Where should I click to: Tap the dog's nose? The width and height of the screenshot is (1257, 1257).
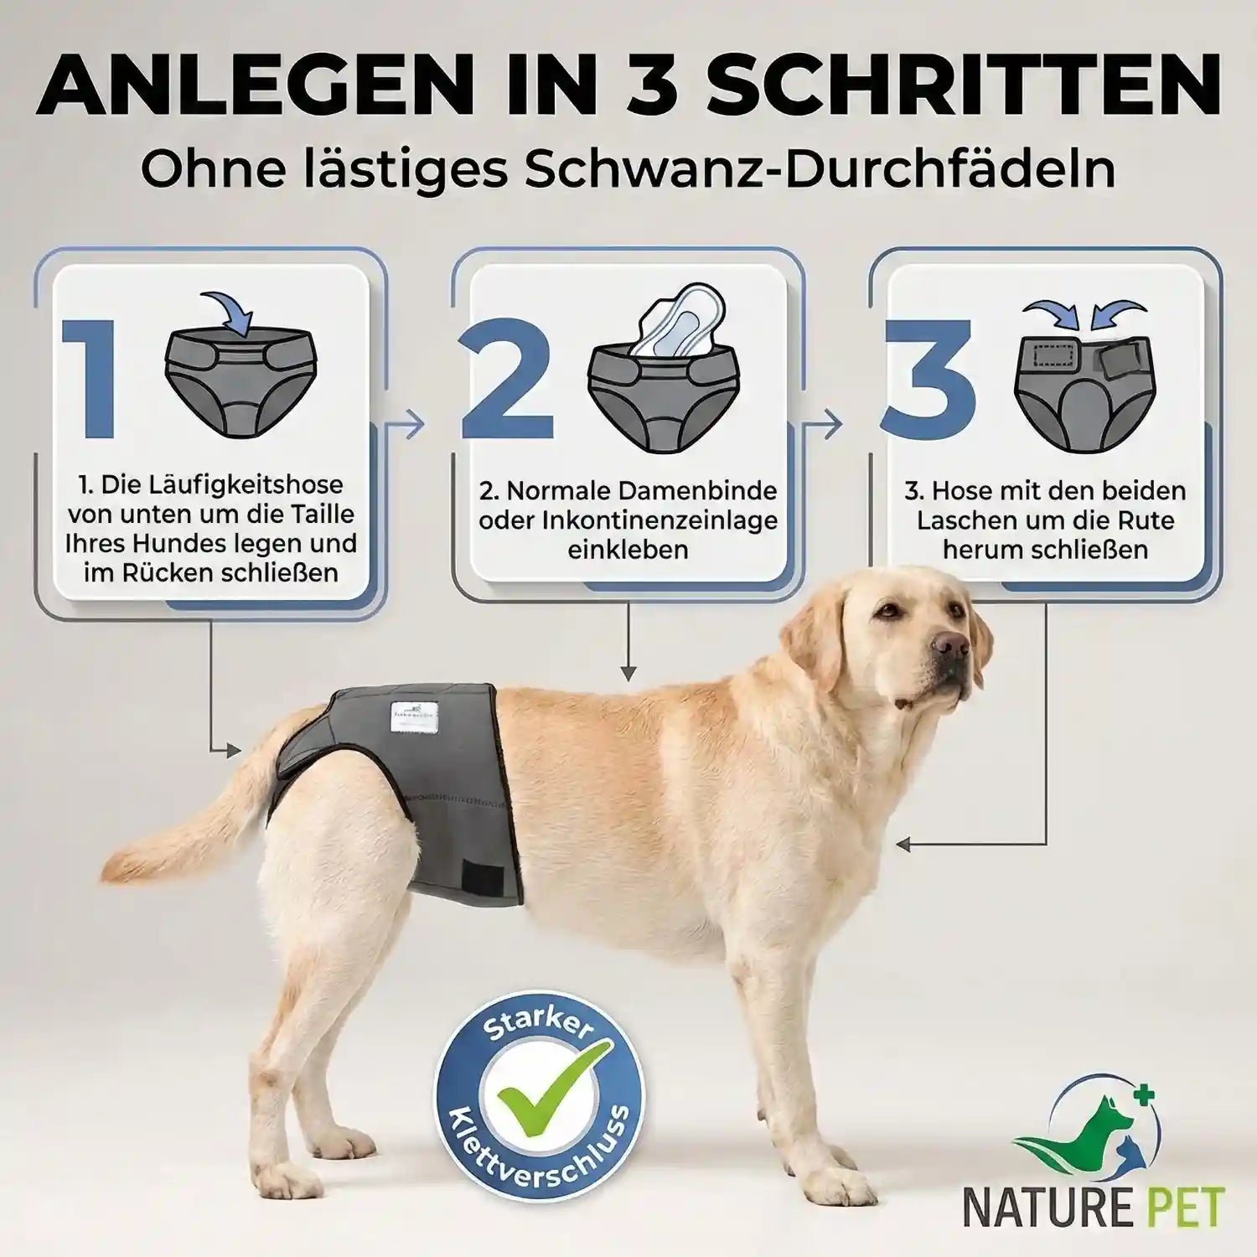[x=952, y=644]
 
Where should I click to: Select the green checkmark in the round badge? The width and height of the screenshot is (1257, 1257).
[x=539, y=1104]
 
